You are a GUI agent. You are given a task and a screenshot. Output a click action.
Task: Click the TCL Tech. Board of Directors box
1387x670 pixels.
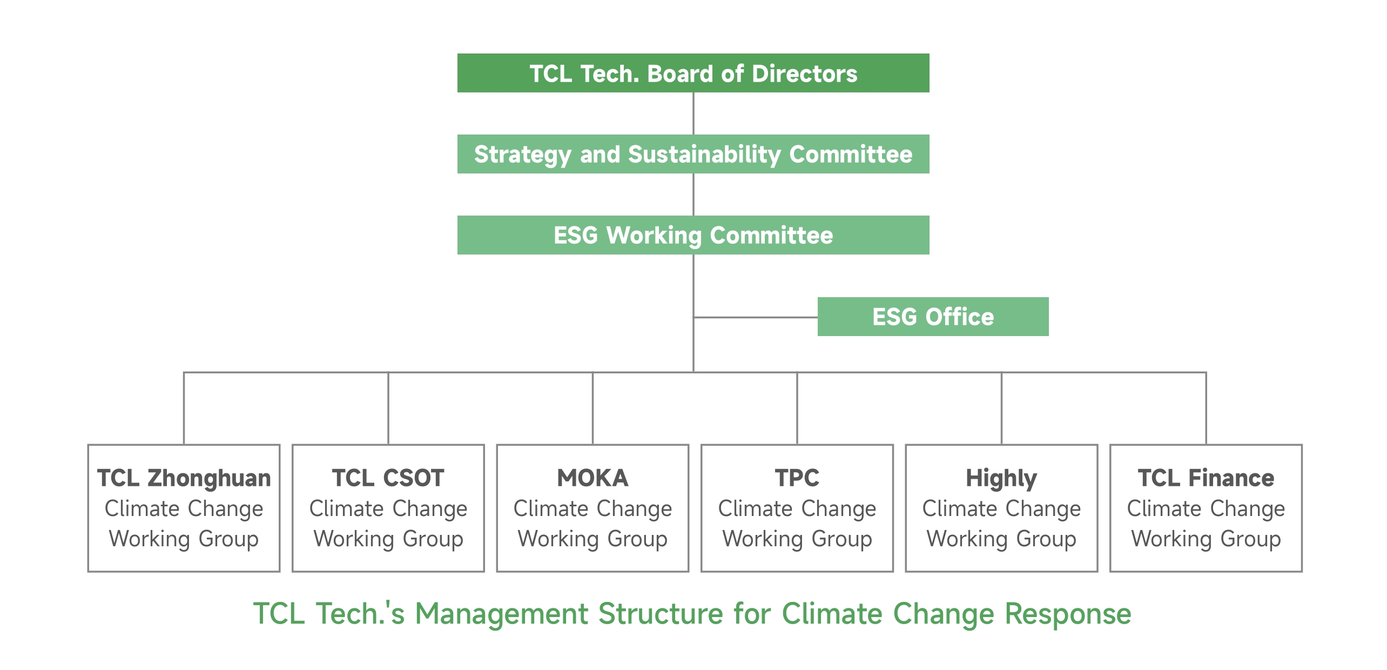[693, 73]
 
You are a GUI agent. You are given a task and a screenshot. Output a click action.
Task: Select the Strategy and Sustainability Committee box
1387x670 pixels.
[693, 154]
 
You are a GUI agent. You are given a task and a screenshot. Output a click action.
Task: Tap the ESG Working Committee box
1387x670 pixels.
[693, 235]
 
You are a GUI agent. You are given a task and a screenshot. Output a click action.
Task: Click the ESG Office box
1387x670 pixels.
[933, 317]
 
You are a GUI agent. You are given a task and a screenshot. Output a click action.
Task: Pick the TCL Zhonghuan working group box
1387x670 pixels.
[184, 508]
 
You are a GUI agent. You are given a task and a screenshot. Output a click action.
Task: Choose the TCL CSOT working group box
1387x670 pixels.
[388, 508]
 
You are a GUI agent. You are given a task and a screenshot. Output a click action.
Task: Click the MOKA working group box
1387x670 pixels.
[592, 508]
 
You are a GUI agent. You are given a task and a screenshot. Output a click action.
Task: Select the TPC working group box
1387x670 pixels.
[797, 508]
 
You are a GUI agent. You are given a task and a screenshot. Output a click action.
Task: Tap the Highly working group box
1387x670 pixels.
[1001, 508]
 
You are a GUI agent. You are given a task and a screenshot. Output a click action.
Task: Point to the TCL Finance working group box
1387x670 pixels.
[1206, 508]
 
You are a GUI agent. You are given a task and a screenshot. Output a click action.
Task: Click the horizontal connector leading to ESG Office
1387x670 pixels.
[756, 317]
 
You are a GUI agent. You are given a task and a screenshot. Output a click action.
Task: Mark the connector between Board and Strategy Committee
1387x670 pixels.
[693, 113]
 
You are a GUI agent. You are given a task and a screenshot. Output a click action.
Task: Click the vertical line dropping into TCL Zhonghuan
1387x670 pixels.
[184, 408]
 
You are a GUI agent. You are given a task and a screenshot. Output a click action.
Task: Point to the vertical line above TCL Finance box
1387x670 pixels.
[1206, 408]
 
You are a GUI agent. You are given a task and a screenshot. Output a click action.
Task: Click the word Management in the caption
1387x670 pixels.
[501, 614]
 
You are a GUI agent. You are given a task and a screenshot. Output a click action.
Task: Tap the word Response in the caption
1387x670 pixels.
[1068, 614]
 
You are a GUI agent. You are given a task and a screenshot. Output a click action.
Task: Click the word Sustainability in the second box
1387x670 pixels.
[705, 155]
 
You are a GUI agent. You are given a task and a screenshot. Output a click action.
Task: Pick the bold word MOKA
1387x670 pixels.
[592, 478]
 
